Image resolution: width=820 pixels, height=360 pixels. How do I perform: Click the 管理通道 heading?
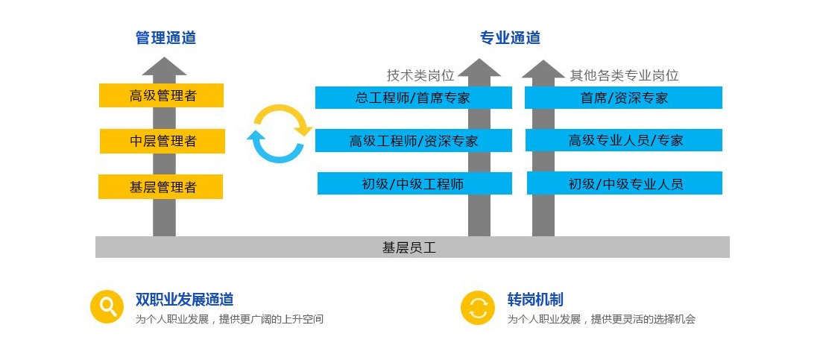[x=165, y=38]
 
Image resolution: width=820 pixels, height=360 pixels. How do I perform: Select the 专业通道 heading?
[x=510, y=38]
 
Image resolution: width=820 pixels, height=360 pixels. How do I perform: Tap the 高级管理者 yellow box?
[x=162, y=95]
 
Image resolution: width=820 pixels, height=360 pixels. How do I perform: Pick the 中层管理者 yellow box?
[x=163, y=141]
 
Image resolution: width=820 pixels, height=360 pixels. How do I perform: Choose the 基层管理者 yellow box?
[x=161, y=186]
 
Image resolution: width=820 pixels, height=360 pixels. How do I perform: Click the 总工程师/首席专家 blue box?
[x=413, y=98]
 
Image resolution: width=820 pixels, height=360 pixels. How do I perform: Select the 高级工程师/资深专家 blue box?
[x=414, y=141]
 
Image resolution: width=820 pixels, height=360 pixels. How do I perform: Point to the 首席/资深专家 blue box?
[x=624, y=98]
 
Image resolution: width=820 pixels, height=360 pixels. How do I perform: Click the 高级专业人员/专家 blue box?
[x=625, y=140]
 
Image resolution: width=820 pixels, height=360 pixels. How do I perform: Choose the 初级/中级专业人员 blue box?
[x=625, y=183]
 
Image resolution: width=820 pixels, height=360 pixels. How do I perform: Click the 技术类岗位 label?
[x=420, y=75]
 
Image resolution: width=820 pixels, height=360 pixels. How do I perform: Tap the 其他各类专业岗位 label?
[x=625, y=75]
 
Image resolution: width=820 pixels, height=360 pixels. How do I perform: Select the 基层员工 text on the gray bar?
[x=409, y=247]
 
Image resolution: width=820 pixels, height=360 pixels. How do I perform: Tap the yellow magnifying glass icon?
[x=107, y=306]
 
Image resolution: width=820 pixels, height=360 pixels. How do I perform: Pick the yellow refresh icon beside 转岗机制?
[x=478, y=307]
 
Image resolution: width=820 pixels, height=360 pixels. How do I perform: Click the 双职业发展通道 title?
[x=184, y=300]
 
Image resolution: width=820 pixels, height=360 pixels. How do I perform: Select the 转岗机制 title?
[x=535, y=300]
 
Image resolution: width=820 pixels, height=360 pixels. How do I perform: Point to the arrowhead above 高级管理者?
[x=164, y=66]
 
